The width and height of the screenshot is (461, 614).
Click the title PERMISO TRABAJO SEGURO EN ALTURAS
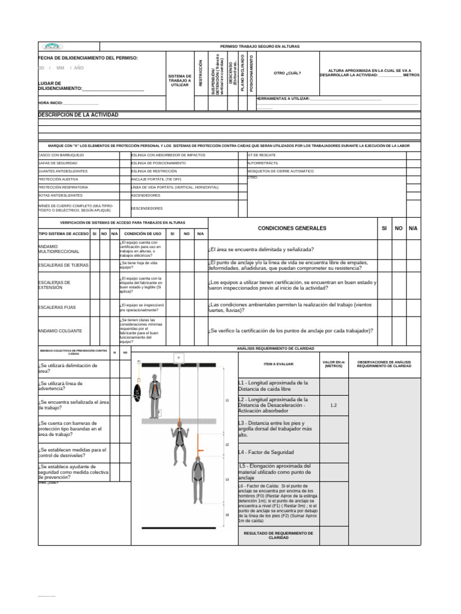pyautogui.click(x=260, y=46)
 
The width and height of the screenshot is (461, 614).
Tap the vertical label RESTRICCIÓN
pyautogui.click(x=200, y=73)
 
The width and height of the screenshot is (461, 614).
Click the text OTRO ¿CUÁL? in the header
pyautogui.click(x=287, y=73)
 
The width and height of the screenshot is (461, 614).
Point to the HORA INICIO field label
pyautogui.click(x=50, y=103)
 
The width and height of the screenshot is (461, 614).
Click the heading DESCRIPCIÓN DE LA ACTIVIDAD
pyautogui.click(x=78, y=115)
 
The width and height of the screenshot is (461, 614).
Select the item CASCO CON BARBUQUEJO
pyautogui.click(x=61, y=155)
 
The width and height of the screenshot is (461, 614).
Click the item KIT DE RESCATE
pyautogui.click(x=262, y=155)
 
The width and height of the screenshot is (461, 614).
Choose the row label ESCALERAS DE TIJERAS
pyautogui.click(x=63, y=264)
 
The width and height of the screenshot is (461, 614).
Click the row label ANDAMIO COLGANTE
pyautogui.click(x=59, y=331)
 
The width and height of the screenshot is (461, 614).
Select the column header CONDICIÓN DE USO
pyautogui.click(x=142, y=233)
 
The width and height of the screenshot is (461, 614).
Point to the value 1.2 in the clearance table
pyautogui.click(x=334, y=405)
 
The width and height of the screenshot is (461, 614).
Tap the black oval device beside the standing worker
pyautogui.click(x=136, y=393)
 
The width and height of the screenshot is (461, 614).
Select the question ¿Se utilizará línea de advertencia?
pyautogui.click(x=60, y=386)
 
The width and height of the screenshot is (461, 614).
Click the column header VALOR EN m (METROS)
pyautogui.click(x=334, y=364)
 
